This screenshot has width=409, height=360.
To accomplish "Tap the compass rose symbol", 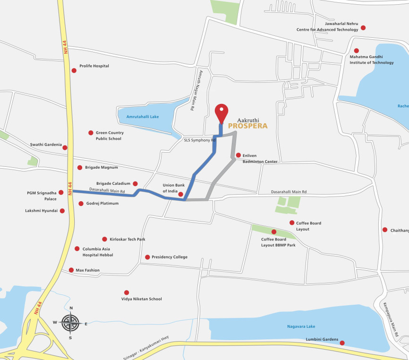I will click(71, 323).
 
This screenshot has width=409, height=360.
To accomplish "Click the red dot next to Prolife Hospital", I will click(74, 70).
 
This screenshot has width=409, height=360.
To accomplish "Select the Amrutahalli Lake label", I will click(143, 116).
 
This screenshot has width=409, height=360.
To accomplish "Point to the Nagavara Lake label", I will click(301, 326).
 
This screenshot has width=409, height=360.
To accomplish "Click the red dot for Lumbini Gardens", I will click(342, 343).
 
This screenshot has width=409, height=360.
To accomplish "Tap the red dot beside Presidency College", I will click(147, 257).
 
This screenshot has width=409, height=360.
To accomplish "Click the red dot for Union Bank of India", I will click(181, 194).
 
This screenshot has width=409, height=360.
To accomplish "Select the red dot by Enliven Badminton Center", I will click(238, 155).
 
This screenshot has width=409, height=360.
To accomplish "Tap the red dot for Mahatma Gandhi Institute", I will click(356, 51).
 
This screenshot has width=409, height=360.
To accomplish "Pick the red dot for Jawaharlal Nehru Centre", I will click(363, 28).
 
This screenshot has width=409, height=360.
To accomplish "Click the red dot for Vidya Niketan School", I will click(126, 292).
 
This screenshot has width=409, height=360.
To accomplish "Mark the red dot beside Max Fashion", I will click(71, 270).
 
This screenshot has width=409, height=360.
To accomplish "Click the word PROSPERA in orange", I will click(248, 126).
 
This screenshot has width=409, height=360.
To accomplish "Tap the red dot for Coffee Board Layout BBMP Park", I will click(274, 231).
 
